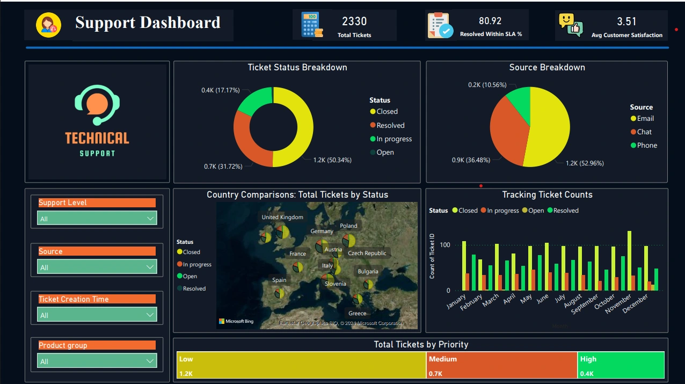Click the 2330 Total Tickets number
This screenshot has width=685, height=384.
(x=354, y=21)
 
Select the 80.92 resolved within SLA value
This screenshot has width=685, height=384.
(x=490, y=21)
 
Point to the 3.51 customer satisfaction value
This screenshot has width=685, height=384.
(x=626, y=21)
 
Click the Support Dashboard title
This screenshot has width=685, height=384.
(x=148, y=23)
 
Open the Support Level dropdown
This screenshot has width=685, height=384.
(x=97, y=219)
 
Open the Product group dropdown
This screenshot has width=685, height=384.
(x=97, y=361)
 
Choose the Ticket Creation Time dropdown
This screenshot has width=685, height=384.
(x=97, y=315)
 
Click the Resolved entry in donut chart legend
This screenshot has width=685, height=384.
(x=390, y=125)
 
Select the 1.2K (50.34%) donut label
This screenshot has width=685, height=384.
(x=332, y=160)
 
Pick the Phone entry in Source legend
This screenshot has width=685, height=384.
(x=647, y=145)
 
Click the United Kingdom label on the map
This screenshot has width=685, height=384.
(x=282, y=218)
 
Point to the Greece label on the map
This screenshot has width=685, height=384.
(x=357, y=314)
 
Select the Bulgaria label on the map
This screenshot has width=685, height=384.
(x=368, y=272)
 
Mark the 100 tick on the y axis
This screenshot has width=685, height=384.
(x=444, y=245)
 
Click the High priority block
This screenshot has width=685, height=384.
(x=621, y=365)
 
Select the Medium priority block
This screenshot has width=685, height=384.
(x=502, y=365)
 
